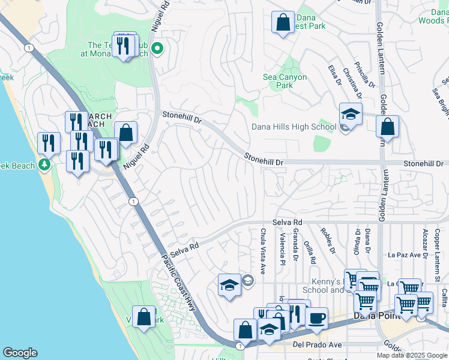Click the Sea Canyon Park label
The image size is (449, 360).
285,81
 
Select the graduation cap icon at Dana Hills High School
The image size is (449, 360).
351,113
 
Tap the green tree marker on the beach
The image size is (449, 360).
43,164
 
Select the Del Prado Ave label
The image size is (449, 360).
317,345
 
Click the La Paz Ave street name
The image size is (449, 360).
404,254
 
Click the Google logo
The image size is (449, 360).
20,353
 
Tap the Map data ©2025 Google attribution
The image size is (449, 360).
411,355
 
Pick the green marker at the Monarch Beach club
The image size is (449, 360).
157,49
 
